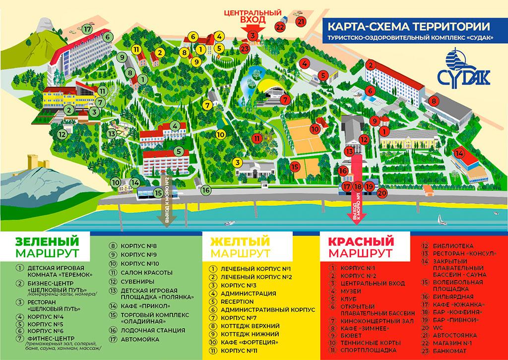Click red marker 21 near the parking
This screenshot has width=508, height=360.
pyautogui.click(x=301, y=21)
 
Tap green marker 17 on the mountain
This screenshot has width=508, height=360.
pyautogui.click(x=88, y=29)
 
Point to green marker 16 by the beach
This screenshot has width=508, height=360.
pyautogui.click(x=206, y=190)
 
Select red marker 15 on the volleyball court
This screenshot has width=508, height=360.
pyautogui.click(x=295, y=167)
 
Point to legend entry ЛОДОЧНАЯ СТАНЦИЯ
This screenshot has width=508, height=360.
pyautogui.click(x=147, y=330)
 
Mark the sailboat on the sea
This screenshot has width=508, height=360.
pyautogui.click(x=440, y=218)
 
